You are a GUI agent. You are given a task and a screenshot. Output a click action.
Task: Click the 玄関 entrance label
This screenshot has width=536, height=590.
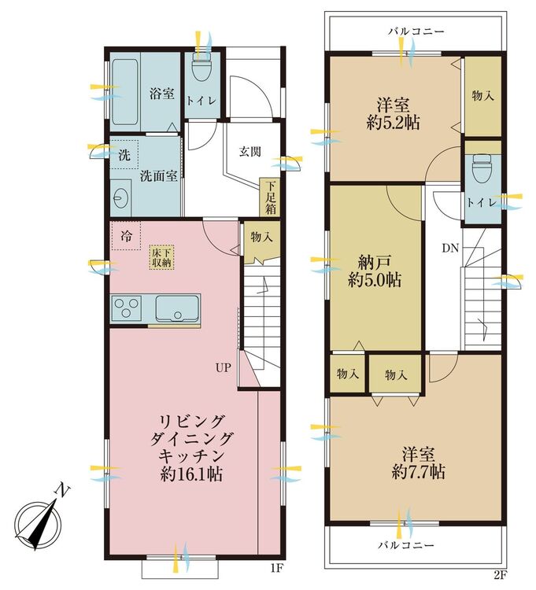[250, 152]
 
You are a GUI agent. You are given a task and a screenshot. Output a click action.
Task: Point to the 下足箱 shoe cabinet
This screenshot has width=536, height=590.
[270, 197]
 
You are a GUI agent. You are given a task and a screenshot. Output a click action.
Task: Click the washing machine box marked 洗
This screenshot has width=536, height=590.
[124, 155]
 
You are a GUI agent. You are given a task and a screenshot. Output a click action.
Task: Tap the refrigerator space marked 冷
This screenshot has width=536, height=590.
[126, 236]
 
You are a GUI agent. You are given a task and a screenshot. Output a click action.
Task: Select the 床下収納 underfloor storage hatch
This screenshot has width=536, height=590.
[162, 258]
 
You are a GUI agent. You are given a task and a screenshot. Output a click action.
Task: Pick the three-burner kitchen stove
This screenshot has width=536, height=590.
[127, 308]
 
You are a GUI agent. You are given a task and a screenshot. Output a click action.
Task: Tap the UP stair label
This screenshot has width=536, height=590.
[223, 367]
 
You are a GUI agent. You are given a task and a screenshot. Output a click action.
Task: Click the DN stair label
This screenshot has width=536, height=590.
[450, 248]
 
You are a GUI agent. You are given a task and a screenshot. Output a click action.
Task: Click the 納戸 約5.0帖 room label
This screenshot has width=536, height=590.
[374, 271]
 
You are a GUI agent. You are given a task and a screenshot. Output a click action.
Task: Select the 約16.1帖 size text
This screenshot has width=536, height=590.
[191, 474]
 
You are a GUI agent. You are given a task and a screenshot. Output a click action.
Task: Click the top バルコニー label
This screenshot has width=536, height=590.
[416, 31]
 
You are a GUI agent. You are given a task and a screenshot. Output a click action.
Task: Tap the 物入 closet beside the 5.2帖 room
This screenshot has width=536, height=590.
[483, 96]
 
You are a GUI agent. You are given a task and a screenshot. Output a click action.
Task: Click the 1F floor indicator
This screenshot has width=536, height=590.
[276, 568]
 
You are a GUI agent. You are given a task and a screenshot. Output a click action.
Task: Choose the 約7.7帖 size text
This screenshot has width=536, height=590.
[418, 471]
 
